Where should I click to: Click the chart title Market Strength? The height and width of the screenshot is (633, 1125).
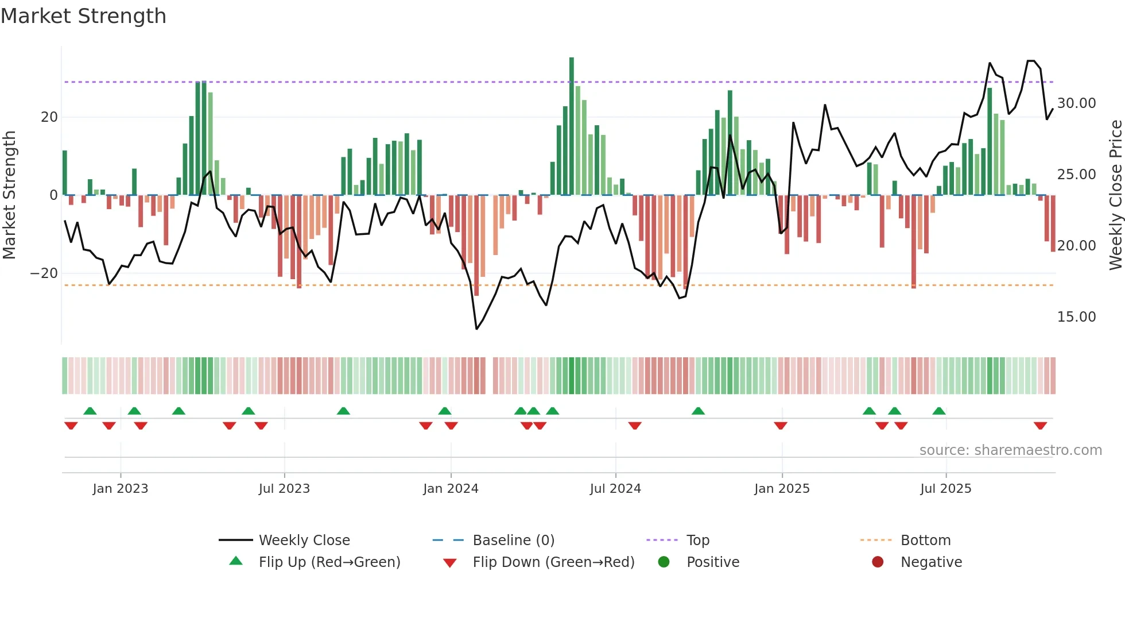point(83,16)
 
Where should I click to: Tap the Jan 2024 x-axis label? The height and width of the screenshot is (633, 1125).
point(451,489)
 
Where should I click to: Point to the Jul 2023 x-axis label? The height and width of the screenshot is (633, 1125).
point(284,489)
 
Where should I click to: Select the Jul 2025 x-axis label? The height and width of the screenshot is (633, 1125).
point(945,489)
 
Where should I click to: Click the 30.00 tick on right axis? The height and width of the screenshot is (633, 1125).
point(1076,103)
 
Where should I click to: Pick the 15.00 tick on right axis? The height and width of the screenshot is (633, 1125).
point(1076,317)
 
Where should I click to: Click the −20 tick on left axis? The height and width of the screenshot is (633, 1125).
point(44,273)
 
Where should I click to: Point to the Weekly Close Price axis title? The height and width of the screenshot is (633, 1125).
point(1115,195)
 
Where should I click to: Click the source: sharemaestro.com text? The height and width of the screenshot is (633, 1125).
point(1010,450)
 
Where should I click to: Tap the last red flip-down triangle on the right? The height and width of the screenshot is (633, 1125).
point(1040,426)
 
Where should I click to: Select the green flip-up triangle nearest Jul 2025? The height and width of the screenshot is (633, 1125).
point(939,411)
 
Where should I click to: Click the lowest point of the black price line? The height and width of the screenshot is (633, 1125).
point(476,329)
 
